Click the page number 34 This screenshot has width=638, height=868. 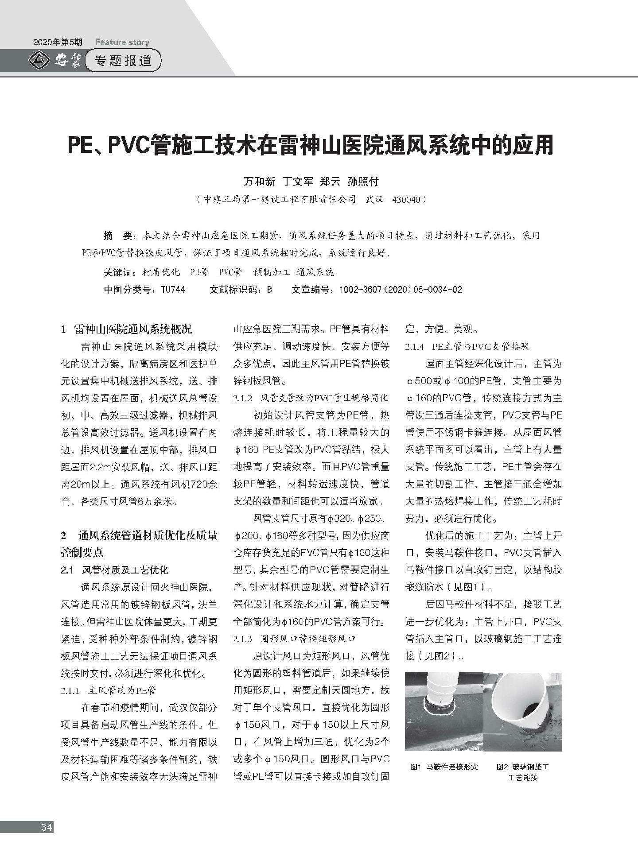tap(47, 826)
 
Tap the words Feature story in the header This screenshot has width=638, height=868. tap(122, 43)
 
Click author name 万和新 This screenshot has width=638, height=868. tap(260, 182)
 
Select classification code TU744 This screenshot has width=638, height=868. tap(173, 290)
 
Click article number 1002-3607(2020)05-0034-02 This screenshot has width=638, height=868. tap(401, 290)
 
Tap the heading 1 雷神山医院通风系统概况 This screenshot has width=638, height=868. tap(127, 329)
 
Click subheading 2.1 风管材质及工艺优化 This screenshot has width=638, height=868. tap(115, 570)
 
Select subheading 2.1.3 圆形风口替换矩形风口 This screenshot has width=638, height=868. tap(294, 639)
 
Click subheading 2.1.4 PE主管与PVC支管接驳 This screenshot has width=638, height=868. tap(467, 346)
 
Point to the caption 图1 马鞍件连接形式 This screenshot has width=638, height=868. tap(444, 767)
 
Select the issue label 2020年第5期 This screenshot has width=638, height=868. tap(58, 43)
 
